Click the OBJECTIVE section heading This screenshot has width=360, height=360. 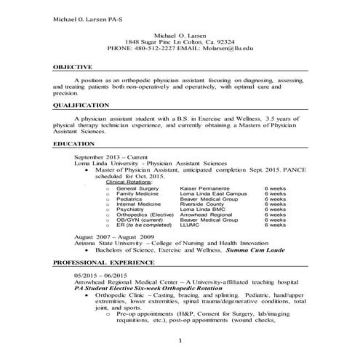[x=72, y=66]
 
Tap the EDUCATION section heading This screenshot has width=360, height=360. [x=74, y=143]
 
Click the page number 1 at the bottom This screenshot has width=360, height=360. [x=180, y=340]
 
